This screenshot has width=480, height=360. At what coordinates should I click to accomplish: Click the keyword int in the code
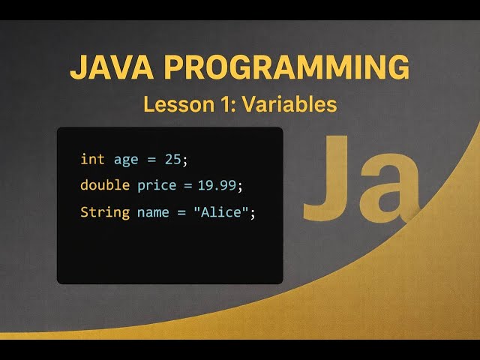(x=92, y=159)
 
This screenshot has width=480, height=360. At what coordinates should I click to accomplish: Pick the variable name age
(x=127, y=159)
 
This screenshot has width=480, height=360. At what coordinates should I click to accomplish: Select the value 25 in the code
(x=172, y=159)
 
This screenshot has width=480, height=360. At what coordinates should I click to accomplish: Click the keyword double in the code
(x=105, y=185)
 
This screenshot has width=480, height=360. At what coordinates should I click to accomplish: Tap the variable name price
(x=155, y=185)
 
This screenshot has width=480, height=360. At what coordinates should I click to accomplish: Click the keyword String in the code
(x=105, y=212)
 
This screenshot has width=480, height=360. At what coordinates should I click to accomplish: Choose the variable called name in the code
(x=153, y=212)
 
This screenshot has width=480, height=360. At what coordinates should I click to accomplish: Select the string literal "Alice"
(x=220, y=212)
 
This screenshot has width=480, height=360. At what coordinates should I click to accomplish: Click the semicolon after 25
(x=184, y=160)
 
